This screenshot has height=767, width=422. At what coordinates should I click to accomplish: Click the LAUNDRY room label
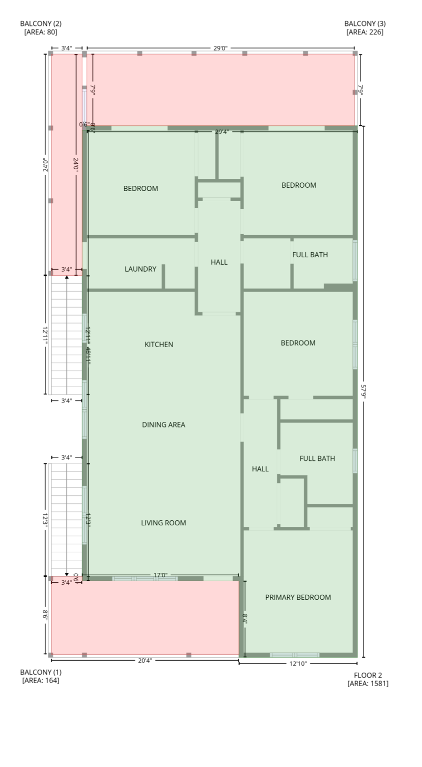pos(140,269)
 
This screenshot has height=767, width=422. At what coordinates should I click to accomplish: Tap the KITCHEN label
pos(159,345)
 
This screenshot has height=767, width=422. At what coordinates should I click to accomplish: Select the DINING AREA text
pos(163,425)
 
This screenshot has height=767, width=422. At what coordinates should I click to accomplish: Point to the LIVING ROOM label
pos(163,523)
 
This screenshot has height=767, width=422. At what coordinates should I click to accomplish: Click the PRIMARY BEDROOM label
pos(298,597)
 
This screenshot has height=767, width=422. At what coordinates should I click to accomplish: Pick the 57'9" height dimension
pos(363,391)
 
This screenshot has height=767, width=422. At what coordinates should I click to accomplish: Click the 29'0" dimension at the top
pos(220,48)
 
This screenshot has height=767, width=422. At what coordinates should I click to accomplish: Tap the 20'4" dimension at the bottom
pos(145,661)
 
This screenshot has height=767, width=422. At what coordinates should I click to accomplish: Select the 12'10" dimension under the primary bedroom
pos(298,664)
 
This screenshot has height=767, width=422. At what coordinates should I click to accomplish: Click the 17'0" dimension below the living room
pos(160,575)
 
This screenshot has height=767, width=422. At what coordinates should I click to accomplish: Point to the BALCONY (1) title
pos(40,672)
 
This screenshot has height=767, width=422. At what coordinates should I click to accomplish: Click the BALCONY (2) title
pos(40,23)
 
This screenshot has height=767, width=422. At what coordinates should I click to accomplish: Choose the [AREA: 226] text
pos(365,32)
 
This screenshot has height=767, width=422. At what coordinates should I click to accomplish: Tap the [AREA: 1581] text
pos(368,684)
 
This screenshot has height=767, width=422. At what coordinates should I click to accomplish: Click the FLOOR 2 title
pos(368,675)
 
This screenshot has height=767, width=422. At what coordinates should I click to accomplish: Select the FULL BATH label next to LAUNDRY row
pos(310,255)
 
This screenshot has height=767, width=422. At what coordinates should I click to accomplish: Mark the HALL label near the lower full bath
pos(260,469)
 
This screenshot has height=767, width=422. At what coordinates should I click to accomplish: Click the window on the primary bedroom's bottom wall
pos(294,655)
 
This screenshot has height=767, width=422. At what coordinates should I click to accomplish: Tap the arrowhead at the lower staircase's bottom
pos(67,574)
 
